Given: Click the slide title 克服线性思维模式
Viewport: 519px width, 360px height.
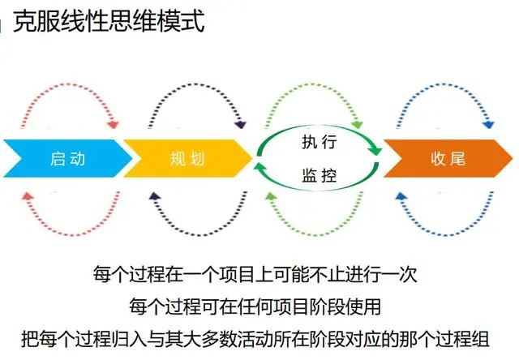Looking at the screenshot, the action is pyautogui.click(x=109, y=19).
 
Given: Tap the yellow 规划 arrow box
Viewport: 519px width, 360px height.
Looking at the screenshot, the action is pyautogui.click(x=187, y=158).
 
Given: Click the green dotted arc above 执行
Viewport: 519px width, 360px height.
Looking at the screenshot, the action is pyautogui.click(x=320, y=91).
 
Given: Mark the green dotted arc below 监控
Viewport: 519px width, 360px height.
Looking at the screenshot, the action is pyautogui.click(x=320, y=226).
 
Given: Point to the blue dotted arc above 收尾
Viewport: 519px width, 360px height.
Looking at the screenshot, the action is pyautogui.click(x=446, y=91).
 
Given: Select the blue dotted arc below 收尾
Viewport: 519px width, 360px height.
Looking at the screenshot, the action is pyautogui.click(x=446, y=226).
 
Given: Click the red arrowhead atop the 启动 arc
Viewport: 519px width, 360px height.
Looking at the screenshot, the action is pyautogui.click(x=114, y=125).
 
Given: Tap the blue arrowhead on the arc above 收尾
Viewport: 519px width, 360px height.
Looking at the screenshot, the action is pyautogui.click(x=488, y=125).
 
